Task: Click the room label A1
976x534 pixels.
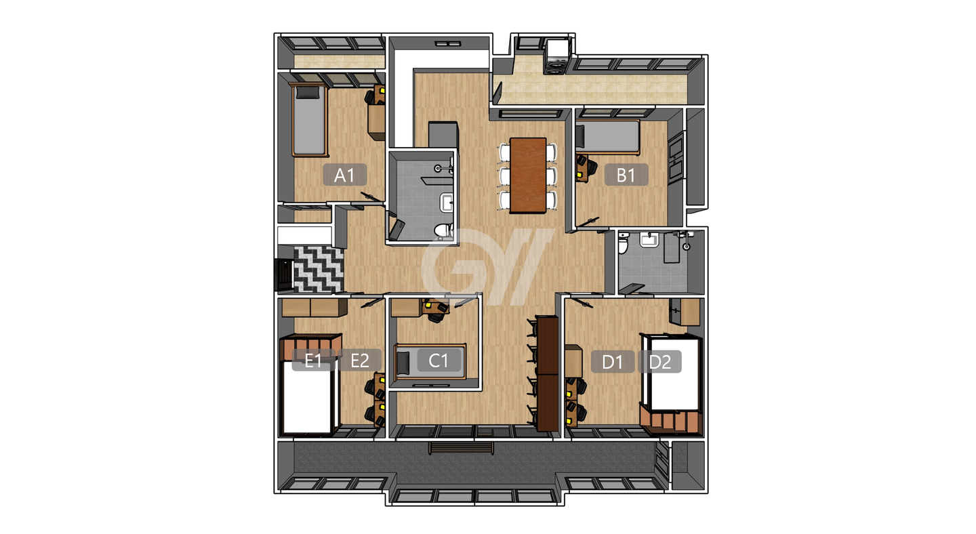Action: pyautogui.click(x=344, y=175)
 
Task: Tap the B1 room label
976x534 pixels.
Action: pyautogui.click(x=626, y=175)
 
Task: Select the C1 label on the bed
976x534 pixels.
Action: pyautogui.click(x=439, y=361)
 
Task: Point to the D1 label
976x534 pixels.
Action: pyautogui.click(x=613, y=361)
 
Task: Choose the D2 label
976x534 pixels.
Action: pyautogui.click(x=659, y=361)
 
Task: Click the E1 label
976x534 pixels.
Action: pyautogui.click(x=314, y=361)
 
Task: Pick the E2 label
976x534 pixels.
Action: pyautogui.click(x=360, y=361)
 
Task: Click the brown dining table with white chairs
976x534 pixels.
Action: pyautogui.click(x=528, y=176)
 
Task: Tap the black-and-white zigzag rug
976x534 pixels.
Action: pyautogui.click(x=319, y=270)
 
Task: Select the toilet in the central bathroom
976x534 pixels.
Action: pyautogui.click(x=445, y=230)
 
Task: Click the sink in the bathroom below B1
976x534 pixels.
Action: pyautogui.click(x=649, y=240)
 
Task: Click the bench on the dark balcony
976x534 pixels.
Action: pyautogui.click(x=461, y=448)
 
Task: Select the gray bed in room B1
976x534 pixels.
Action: pyautogui.click(x=608, y=138)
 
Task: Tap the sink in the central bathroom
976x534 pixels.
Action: pyautogui.click(x=446, y=203)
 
